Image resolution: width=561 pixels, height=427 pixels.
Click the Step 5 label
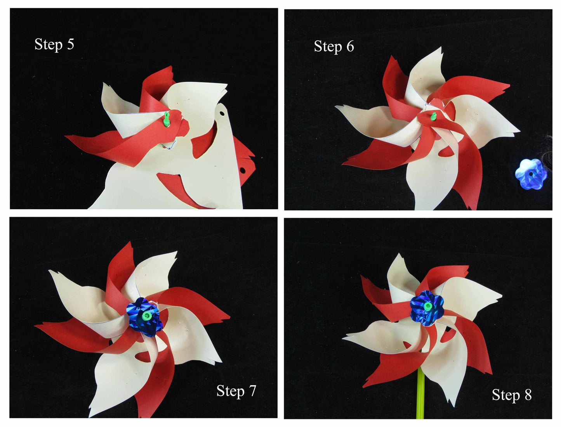[54, 45]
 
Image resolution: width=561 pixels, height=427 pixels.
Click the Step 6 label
[334, 47]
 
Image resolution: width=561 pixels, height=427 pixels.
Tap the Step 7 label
[236, 391]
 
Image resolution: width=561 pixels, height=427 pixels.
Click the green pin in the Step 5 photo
[167, 119]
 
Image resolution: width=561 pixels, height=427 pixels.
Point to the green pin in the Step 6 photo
[434, 116]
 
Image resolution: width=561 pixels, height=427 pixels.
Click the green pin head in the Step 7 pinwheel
[147, 316]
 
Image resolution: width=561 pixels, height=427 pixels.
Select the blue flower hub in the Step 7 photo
[145, 317]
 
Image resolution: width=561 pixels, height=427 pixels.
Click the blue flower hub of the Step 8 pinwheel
[427, 308]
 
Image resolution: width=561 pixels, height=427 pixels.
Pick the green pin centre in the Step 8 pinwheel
[427, 306]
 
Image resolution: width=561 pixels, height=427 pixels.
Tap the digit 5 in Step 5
[70, 44]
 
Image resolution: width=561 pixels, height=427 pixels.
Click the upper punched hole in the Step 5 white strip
[222, 113]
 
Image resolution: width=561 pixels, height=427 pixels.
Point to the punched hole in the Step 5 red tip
[243, 170]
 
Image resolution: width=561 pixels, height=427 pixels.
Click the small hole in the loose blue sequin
[531, 174]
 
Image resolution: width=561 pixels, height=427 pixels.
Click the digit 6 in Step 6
[350, 46]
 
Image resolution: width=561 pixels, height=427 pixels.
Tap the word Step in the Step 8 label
[506, 395]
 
